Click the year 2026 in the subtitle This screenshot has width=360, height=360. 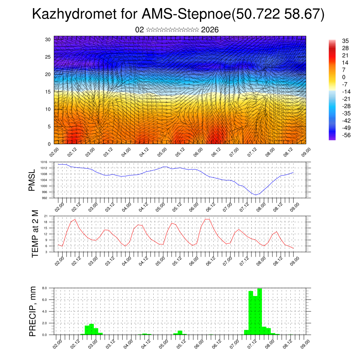pos(210,30)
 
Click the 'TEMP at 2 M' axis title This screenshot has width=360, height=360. pos(35,234)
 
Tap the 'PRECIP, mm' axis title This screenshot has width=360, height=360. pos(33,311)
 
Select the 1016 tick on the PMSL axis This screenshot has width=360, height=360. pos(44,162)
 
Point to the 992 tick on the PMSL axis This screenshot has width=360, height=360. pos(44,198)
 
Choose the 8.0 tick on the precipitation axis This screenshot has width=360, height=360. pos(45,288)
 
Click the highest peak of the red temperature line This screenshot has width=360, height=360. pos(207,219)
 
